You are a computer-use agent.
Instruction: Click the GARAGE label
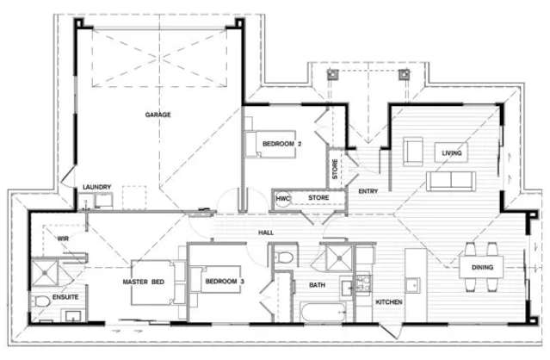tap(158, 114)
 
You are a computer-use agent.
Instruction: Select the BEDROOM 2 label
tap(281, 143)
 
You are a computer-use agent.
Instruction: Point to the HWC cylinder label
tap(281, 199)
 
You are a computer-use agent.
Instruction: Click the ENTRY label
tap(368, 190)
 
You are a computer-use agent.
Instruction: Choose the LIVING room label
tap(452, 153)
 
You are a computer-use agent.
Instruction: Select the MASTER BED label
tap(145, 282)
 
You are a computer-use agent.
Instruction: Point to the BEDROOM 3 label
tap(224, 282)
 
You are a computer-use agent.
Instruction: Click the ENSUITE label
tap(65, 297)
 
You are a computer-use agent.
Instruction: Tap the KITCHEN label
tap(389, 302)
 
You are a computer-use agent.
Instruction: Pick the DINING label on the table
tap(482, 268)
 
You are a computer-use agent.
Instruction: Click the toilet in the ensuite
tap(42, 303)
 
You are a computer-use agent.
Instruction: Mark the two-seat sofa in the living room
tap(452, 179)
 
